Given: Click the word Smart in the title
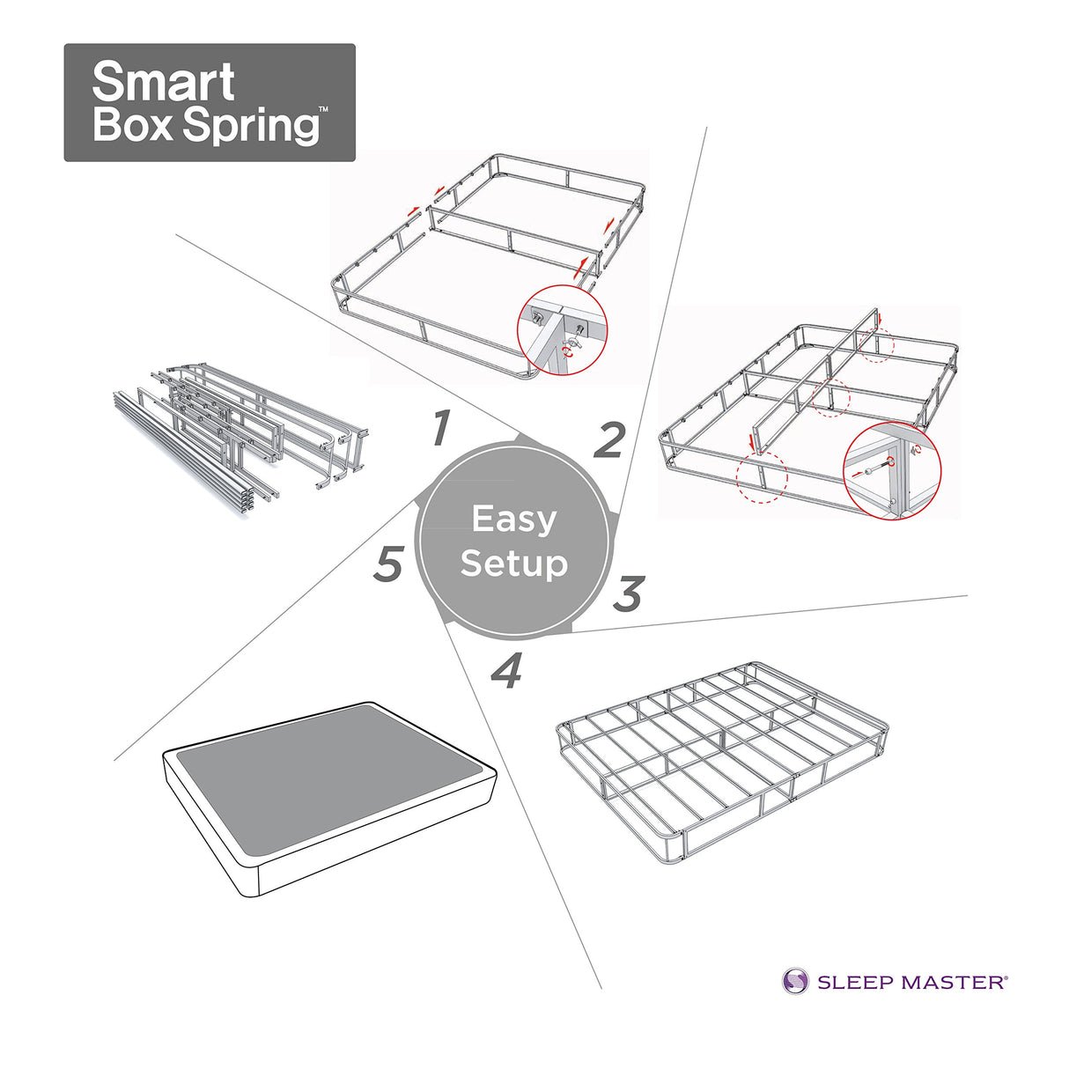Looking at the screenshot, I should pos(163,82).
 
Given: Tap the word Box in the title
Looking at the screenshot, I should pos(132,124).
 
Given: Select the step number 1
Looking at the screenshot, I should pos(442,429).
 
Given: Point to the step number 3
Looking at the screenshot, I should pos(629,594).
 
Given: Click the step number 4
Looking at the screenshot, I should pos(507,672).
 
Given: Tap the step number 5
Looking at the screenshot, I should pos(388,564).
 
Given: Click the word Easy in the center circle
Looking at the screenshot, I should pos(514,519).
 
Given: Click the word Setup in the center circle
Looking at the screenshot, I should pos(514,563).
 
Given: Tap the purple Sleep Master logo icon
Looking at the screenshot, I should pos(795,981).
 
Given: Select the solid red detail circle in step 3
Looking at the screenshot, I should pos(892,470).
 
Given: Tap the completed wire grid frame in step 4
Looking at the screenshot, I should pos(722,757).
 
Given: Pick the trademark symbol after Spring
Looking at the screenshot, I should pos(324,110).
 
